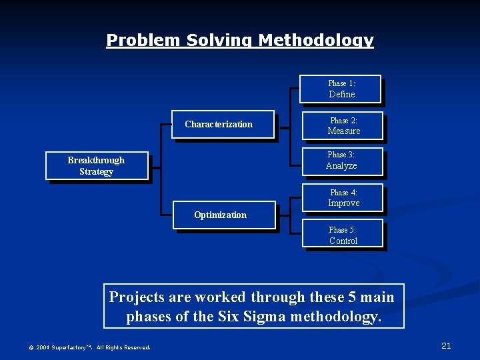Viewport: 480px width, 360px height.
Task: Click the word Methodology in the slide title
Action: pyautogui.click(x=315, y=41)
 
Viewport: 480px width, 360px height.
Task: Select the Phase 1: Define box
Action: pyautogui.click(x=341, y=89)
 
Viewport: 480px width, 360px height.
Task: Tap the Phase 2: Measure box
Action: pyautogui.click(x=343, y=126)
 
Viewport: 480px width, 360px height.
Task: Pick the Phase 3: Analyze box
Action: pyautogui.click(x=341, y=161)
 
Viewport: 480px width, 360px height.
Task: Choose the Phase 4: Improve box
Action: pyautogui.click(x=343, y=198)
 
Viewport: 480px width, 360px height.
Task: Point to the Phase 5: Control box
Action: pyautogui.click(x=343, y=235)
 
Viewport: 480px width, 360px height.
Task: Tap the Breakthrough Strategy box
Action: pyautogui.click(x=96, y=166)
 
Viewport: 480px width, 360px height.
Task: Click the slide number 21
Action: pyautogui.click(x=446, y=345)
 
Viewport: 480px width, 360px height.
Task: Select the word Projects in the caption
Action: pyautogui.click(x=137, y=297)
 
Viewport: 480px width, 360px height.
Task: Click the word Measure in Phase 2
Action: pyautogui.click(x=344, y=131)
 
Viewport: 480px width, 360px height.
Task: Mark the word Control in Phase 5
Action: pyautogui.click(x=343, y=241)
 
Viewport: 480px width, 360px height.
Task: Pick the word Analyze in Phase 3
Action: pyautogui.click(x=341, y=166)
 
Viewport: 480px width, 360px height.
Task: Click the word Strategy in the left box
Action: pyautogui.click(x=96, y=172)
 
